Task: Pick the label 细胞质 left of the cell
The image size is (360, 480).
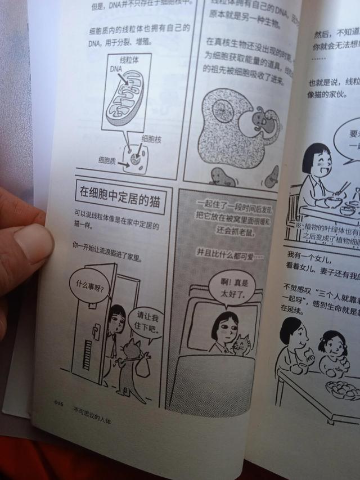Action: click(107, 160)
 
